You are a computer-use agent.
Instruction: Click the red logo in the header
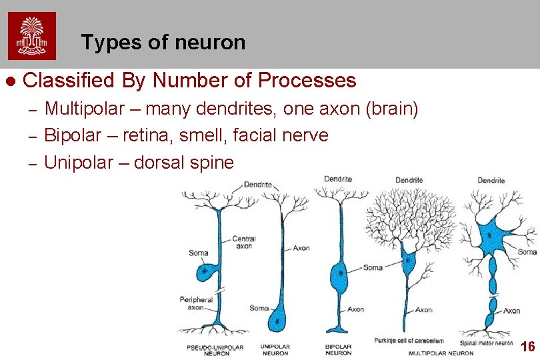(32, 36)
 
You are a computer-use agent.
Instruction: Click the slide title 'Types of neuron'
(163, 43)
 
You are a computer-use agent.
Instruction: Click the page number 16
(527, 347)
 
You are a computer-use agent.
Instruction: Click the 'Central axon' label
(243, 242)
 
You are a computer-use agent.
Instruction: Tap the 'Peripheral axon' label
(195, 303)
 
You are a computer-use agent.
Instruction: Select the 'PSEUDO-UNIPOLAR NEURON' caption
(215, 350)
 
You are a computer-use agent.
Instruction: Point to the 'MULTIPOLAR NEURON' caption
(441, 353)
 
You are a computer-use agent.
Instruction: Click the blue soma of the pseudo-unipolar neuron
(205, 272)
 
